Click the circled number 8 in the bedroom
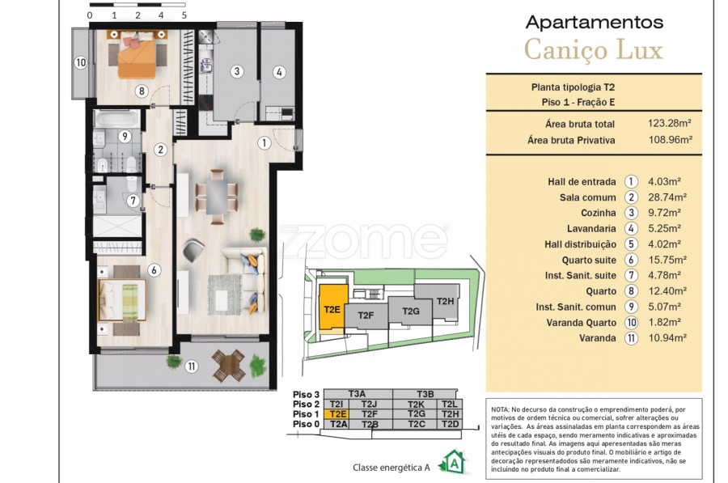click(142, 91)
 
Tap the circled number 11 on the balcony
click(191, 366)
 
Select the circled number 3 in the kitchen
click(237, 71)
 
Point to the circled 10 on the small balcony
click(81, 62)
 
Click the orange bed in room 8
click(137, 58)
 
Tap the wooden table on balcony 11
click(228, 365)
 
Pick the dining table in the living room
click(216, 197)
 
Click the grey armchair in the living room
click(193, 250)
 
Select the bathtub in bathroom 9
click(116, 119)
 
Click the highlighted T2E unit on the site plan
click(333, 308)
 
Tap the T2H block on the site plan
click(445, 302)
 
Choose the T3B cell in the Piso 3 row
click(425, 394)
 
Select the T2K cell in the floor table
click(416, 405)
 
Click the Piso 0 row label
click(306, 424)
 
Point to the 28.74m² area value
click(667, 197)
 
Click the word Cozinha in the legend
click(599, 213)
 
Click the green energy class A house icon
click(453, 462)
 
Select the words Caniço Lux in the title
click(594, 50)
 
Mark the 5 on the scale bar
click(184, 15)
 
